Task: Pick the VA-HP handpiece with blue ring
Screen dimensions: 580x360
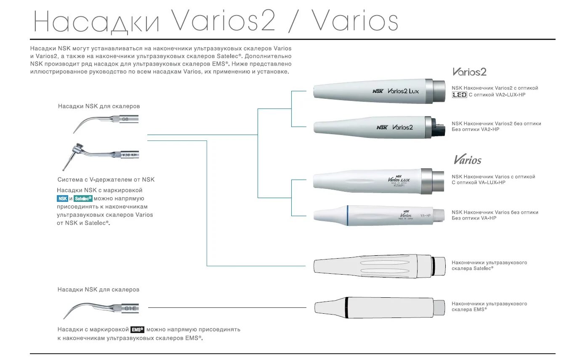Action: coord(379,215)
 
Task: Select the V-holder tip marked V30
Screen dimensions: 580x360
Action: coord(101,155)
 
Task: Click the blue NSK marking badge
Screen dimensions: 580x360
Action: coord(62,199)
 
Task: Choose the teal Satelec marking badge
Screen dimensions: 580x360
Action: coord(83,199)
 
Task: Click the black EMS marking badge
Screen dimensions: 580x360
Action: coord(137,330)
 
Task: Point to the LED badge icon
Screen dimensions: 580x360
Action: coord(459,95)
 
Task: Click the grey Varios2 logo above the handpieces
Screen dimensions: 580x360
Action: coord(469,72)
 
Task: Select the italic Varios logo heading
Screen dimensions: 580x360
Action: coord(467,160)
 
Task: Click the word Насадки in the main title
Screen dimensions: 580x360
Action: coord(97,22)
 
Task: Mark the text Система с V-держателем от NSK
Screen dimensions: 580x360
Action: coord(106,180)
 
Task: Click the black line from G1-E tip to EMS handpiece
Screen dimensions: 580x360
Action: coord(227,308)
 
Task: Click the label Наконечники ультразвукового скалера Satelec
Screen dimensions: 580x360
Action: coord(489,265)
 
